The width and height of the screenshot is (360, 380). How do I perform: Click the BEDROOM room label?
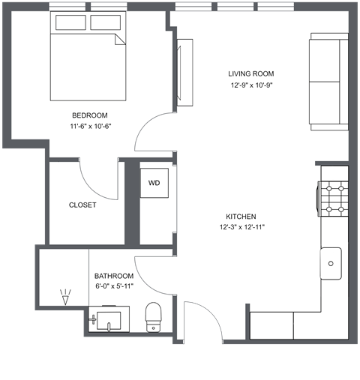coord(89,115)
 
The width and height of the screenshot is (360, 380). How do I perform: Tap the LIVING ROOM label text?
coord(251,73)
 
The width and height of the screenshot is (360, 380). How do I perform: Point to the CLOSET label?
coord(82,205)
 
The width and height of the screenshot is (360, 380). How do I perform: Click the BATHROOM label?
coord(113,275)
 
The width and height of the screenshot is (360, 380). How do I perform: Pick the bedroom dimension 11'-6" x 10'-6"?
coord(89,126)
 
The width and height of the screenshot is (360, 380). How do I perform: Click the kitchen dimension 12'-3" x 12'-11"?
coord(242,226)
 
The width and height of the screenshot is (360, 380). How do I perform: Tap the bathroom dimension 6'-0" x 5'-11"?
coord(113,286)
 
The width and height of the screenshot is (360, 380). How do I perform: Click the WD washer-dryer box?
coord(154,183)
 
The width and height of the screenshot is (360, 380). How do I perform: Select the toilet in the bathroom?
coord(154,316)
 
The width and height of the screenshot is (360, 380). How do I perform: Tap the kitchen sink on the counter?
coord(331,262)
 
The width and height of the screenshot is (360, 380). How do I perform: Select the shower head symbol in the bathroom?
coord(64,298)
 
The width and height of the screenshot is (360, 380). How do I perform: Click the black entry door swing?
coord(201,322)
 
